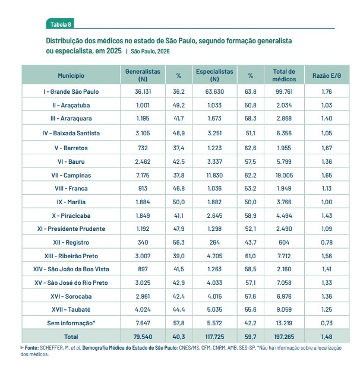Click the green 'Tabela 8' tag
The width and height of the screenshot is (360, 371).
pyautogui.click(x=61, y=24)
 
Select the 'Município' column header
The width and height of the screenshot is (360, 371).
pyautogui.click(x=71, y=75)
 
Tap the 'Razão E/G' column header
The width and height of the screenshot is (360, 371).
pyautogui.click(x=326, y=75)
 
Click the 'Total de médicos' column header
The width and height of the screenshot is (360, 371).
pyautogui.click(x=283, y=75)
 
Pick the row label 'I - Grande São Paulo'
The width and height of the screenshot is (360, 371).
pyautogui.click(x=71, y=92)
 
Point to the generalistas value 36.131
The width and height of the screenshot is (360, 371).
pyautogui.click(x=143, y=92)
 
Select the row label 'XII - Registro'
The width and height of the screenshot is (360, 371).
pyautogui.click(x=71, y=242)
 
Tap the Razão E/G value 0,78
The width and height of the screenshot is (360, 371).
pyautogui.click(x=326, y=242)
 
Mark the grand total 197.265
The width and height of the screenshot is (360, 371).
pyautogui.click(x=283, y=337)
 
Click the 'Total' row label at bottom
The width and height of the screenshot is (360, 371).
pyautogui.click(x=71, y=337)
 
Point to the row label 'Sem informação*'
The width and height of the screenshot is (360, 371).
pyautogui.click(x=71, y=323)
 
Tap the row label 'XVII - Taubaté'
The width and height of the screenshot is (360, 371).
pyautogui.click(x=71, y=309)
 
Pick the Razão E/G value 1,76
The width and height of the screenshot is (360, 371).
pyautogui.click(x=326, y=92)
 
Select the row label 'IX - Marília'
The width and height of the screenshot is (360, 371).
pyautogui.click(x=71, y=201)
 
